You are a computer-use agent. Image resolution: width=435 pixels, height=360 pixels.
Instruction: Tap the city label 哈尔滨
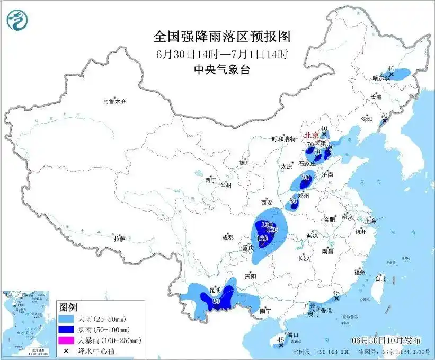point(380,78)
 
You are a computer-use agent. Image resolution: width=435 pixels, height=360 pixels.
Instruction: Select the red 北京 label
point(313,135)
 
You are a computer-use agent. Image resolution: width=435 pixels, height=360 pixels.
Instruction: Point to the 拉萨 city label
point(120,239)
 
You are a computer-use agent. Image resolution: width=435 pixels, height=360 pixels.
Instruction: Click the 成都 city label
point(228,238)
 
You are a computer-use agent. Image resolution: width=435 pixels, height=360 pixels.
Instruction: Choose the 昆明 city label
point(215,292)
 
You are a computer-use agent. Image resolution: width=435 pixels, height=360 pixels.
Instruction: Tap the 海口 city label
point(292,335)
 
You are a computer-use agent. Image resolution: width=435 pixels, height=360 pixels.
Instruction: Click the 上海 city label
point(370,221)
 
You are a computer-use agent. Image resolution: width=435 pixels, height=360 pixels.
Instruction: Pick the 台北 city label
point(380,278)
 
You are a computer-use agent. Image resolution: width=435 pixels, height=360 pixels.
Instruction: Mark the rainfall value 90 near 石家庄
point(305,178)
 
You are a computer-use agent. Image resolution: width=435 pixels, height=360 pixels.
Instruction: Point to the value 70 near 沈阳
point(385,115)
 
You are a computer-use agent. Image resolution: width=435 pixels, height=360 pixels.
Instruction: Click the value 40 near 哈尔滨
point(391,69)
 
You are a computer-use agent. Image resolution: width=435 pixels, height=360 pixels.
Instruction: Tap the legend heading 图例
point(68,308)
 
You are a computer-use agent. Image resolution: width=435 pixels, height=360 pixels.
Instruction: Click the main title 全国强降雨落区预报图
point(222,36)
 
